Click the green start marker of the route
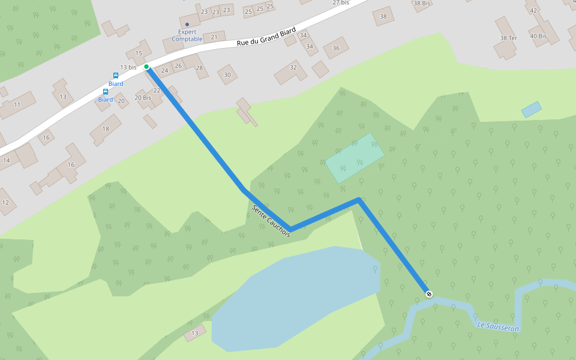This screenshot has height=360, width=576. tap(146, 67)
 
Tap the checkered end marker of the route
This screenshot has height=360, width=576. tap(428, 294)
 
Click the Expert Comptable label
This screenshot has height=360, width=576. tap(187, 35)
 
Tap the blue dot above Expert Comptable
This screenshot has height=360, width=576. tap(187, 25)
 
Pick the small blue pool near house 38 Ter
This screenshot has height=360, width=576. tap(531, 109)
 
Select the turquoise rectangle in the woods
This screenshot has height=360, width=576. tap(354, 157)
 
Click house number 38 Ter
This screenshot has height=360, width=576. tap(508, 38)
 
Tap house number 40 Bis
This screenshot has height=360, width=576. tap(538, 36)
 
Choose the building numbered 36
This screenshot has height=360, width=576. tap(336, 48)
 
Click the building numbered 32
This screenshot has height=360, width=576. tap(293, 67)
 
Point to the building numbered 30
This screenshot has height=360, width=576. tap(227, 74)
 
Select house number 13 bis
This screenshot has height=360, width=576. tap(128, 67)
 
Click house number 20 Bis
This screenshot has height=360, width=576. tap(143, 97)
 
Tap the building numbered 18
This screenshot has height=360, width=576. tap(106, 129)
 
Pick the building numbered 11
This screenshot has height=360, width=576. tap(17, 104)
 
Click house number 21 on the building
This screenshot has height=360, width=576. tap(214, 37)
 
